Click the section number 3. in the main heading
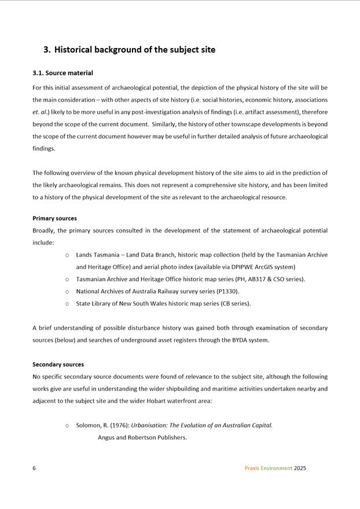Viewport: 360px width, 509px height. pos(47,50)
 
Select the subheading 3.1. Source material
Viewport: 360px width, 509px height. pos(63,73)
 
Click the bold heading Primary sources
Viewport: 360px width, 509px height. pos(54,218)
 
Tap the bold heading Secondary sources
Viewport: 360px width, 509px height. pos(58,364)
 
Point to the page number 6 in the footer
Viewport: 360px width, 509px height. pos(34,468)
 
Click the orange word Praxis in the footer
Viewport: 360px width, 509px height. pos(251,468)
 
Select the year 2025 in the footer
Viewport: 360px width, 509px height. pos(300,468)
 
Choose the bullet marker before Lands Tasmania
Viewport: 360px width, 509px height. pos(67,255)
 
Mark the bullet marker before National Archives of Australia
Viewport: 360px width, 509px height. pos(67,292)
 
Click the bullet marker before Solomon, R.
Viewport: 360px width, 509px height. pos(67,426)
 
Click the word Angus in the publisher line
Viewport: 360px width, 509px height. pos(107,437)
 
